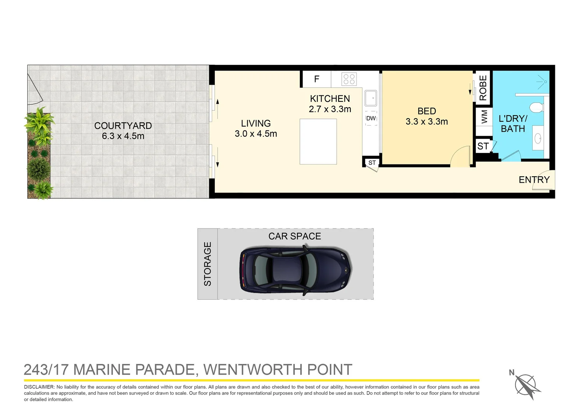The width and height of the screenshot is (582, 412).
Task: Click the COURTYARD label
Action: [123, 126]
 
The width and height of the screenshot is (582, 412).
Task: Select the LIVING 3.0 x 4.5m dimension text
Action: [256, 134]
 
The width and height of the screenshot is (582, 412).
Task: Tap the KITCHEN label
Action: [330, 99]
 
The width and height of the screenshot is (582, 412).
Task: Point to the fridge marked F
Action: [317, 79]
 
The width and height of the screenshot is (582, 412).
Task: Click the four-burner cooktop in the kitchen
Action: [349, 79]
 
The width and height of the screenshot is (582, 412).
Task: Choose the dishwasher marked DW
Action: [371, 118]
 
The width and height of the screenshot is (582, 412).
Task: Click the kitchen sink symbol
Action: [371, 98]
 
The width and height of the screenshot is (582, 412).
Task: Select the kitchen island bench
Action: [318, 142]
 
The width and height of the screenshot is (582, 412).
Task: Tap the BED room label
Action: [427, 111]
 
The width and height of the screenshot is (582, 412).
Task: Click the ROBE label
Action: [483, 88]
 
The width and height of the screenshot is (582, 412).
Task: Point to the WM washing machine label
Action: [484, 117]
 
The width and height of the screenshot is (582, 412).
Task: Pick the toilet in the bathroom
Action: [537, 107]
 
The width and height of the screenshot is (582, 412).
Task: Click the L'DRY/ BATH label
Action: [513, 124]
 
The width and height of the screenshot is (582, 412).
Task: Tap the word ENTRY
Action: [534, 180]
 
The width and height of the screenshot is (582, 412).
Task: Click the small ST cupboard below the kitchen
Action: [372, 163]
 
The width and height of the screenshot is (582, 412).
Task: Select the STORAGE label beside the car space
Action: [208, 264]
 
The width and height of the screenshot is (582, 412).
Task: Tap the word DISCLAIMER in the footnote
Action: [39, 387]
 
